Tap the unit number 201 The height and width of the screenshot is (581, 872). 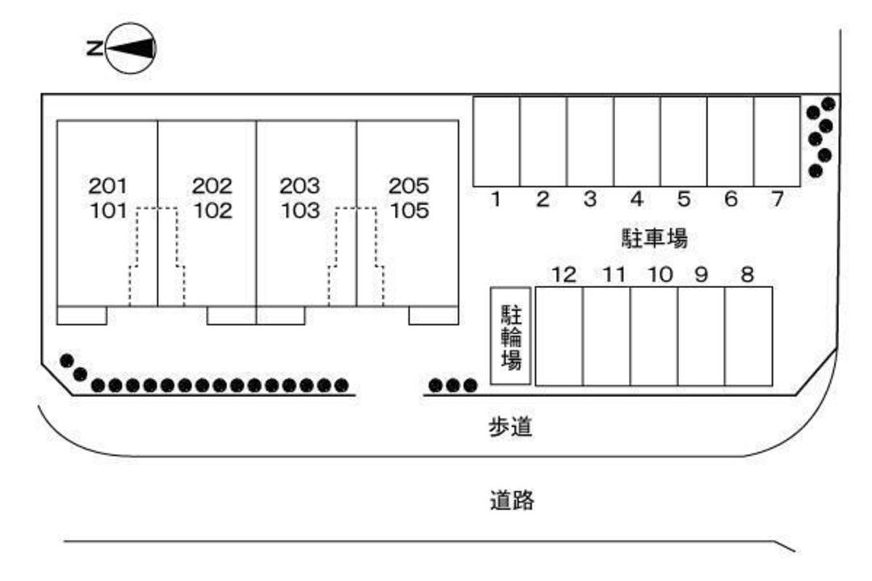(x=108, y=186)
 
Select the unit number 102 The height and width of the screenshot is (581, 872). (x=212, y=211)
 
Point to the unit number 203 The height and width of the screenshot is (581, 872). (x=300, y=186)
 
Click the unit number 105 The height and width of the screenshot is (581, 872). (x=409, y=211)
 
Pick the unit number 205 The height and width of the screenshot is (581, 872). (x=409, y=186)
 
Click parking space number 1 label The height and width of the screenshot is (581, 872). (x=496, y=199)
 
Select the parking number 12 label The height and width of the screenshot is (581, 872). (x=564, y=274)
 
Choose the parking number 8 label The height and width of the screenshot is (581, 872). (x=748, y=274)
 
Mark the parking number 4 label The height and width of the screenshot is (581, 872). (x=637, y=199)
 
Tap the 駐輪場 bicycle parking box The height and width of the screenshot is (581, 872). (x=510, y=336)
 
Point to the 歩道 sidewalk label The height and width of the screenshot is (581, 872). (x=511, y=427)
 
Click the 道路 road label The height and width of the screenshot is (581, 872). (x=512, y=499)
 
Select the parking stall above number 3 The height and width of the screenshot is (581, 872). (x=590, y=141)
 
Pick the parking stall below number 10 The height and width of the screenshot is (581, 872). (x=655, y=336)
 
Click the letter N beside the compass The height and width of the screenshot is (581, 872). (x=94, y=48)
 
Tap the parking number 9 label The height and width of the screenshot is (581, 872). (x=702, y=274)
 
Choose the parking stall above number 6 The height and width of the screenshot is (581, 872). (x=731, y=141)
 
